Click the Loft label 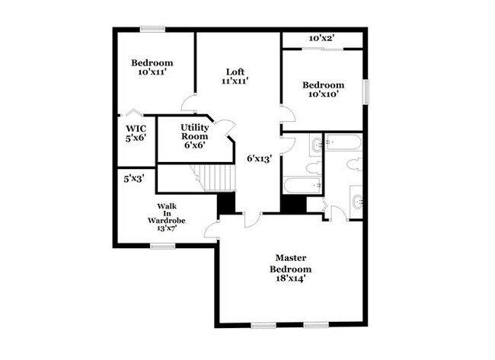235,72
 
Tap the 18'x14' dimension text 290,279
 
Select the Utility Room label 194,132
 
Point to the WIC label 136,129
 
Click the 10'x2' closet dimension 321,39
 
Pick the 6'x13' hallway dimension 260,159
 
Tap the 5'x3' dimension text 134,179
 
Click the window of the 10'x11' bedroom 153,30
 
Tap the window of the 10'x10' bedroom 366,92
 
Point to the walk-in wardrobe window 162,246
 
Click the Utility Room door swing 225,128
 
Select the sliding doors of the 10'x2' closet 323,49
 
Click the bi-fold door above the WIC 134,112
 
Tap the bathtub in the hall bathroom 302,186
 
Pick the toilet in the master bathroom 355,165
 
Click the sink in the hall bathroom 316,145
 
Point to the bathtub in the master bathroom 343,142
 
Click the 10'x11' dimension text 152,72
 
